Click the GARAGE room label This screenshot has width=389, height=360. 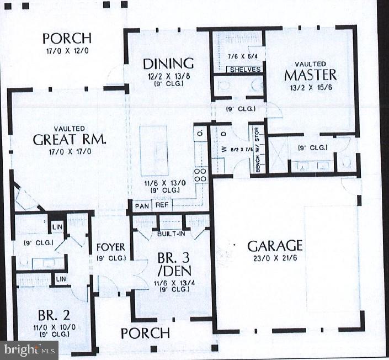coord(275,245)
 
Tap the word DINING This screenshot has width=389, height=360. coord(168,63)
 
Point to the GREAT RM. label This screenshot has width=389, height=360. coord(70,139)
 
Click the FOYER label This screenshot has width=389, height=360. coord(111,247)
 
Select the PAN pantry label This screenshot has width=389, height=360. coord(140,205)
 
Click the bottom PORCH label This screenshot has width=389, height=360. coord(145,333)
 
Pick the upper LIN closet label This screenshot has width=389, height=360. coord(57,227)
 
